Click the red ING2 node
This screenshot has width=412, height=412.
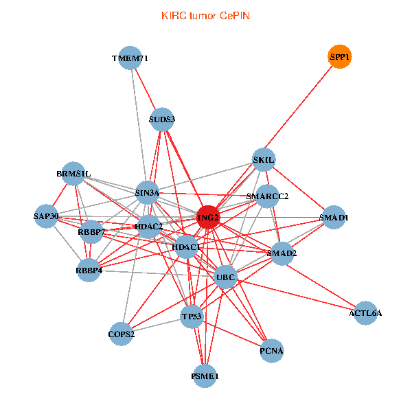[208, 218]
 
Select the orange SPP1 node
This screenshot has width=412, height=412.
[339, 58]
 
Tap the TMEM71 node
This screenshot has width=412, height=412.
[130, 58]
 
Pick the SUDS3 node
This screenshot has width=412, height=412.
[162, 119]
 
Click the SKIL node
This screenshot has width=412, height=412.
[264, 160]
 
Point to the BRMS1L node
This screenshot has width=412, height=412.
[73, 174]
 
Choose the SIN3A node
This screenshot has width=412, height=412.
[147, 193]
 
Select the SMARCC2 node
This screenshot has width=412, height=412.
[267, 196]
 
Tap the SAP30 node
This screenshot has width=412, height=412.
[46, 217]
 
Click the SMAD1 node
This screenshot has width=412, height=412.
[334, 218]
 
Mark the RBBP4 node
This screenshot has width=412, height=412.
[89, 271]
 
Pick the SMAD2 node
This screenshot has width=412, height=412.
[282, 253]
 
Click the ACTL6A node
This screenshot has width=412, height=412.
[365, 313]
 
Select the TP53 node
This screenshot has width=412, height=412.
[192, 317]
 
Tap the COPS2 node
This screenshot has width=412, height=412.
[122, 334]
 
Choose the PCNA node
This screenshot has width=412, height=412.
[271, 351]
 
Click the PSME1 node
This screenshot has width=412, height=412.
[205, 376]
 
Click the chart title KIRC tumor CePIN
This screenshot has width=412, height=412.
[205, 15]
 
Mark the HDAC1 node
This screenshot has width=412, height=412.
[186, 247]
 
